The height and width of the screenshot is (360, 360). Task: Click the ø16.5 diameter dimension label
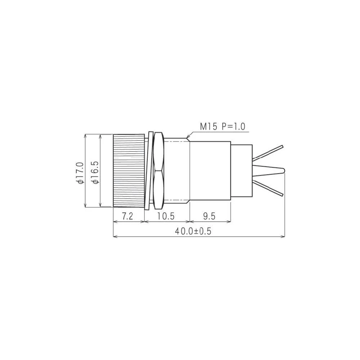96,173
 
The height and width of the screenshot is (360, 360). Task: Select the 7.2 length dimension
128,216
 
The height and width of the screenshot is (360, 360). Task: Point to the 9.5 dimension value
209,216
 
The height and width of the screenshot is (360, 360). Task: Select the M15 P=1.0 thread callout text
222,126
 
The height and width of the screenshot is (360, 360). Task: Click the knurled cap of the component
129,171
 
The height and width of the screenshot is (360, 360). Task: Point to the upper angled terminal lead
268,153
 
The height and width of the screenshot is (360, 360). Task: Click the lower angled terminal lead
268,188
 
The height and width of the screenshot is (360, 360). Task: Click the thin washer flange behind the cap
147,171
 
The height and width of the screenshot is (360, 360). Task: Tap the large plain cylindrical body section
210,171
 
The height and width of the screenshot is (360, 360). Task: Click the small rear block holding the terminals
241,171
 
